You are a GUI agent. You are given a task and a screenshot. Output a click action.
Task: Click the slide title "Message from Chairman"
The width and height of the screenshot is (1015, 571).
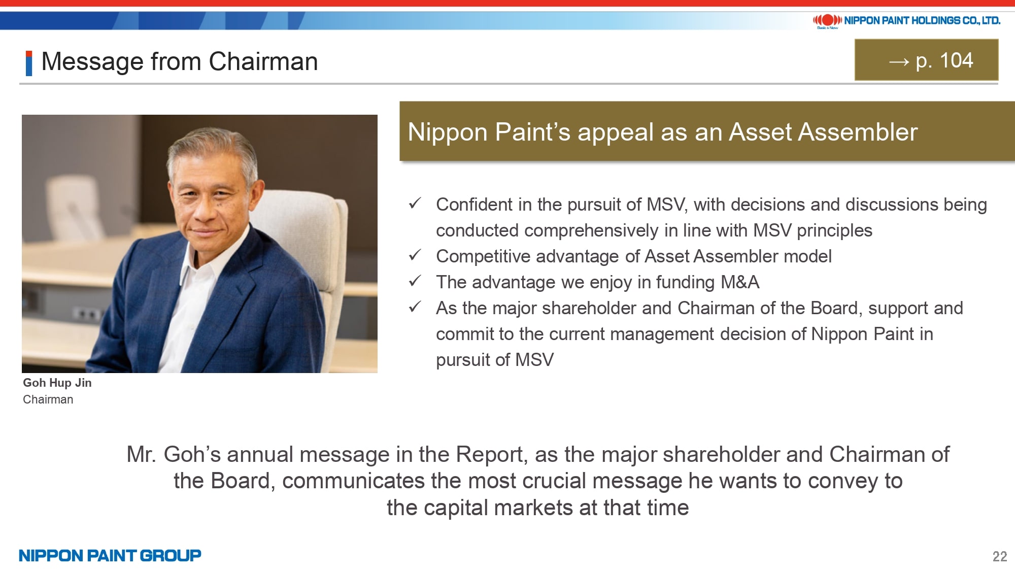[180, 62]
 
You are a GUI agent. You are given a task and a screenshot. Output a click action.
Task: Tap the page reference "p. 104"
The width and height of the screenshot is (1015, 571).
[944, 61]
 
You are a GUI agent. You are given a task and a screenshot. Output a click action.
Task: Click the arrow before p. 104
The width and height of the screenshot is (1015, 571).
[899, 62]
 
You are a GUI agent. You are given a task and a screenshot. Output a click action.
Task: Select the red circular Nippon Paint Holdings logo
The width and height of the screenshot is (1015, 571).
[827, 20]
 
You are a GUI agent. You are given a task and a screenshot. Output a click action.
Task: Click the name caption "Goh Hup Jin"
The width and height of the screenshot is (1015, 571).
[57, 383]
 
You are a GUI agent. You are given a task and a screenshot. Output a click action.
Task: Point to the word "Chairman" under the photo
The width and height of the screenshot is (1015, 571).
[48, 399]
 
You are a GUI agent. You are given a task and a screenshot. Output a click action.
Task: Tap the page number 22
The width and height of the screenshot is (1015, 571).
[999, 556]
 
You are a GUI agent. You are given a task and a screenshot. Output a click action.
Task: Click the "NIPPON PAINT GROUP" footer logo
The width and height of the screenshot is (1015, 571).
[110, 556]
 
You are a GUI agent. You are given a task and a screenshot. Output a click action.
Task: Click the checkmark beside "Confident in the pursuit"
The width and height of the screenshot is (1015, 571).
[415, 203]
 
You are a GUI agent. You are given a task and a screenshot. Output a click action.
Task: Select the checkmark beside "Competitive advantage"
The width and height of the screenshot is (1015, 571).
[415, 255]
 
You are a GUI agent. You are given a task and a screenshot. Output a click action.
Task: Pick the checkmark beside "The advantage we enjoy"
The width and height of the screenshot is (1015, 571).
[415, 281]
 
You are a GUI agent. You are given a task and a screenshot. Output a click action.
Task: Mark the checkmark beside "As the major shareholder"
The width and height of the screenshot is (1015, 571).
[415, 307]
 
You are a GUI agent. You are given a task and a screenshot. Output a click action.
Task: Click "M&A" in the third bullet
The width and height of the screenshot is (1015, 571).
[740, 282]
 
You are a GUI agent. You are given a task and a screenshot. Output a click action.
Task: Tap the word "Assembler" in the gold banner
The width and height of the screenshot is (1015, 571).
[858, 132]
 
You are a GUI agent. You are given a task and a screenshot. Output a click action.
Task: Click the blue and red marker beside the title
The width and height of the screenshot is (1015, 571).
[29, 63]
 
